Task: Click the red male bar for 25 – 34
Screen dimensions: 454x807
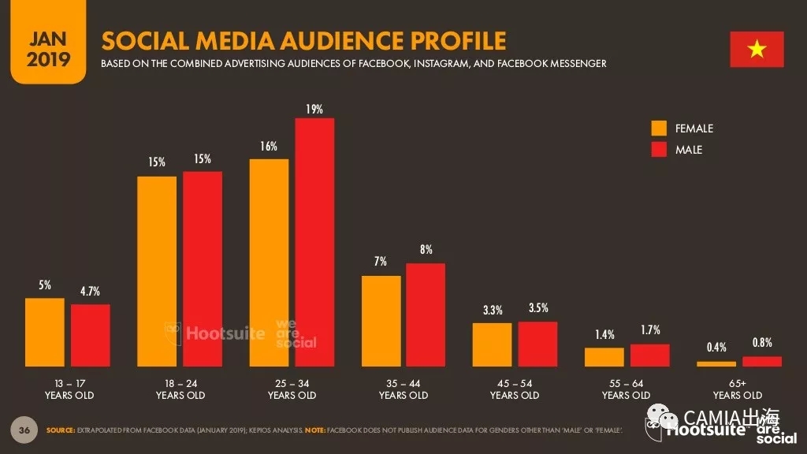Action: (x=314, y=242)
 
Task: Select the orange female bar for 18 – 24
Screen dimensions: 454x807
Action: (x=157, y=271)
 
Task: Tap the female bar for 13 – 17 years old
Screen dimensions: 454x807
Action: (x=45, y=332)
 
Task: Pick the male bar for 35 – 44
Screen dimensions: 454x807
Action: (x=426, y=314)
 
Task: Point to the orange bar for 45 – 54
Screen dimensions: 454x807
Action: (x=493, y=344)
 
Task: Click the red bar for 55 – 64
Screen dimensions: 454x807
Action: (x=649, y=355)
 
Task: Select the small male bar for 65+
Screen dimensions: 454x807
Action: (x=762, y=361)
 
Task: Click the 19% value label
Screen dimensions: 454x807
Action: (x=314, y=110)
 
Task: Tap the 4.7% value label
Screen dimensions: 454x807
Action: (x=90, y=292)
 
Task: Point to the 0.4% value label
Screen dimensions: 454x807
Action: (x=716, y=348)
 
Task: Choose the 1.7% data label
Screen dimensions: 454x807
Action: (x=650, y=330)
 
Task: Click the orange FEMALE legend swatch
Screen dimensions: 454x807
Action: (x=659, y=128)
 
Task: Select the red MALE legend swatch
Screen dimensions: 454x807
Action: (x=659, y=150)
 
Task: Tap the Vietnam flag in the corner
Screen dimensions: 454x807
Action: (x=757, y=50)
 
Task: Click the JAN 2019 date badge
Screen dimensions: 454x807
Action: (x=48, y=49)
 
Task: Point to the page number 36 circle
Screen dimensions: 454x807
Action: (x=24, y=430)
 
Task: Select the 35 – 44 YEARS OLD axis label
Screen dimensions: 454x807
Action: (x=403, y=389)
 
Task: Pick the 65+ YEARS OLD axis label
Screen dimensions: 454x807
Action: (x=738, y=389)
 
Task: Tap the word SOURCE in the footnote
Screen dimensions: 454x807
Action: (x=61, y=430)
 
